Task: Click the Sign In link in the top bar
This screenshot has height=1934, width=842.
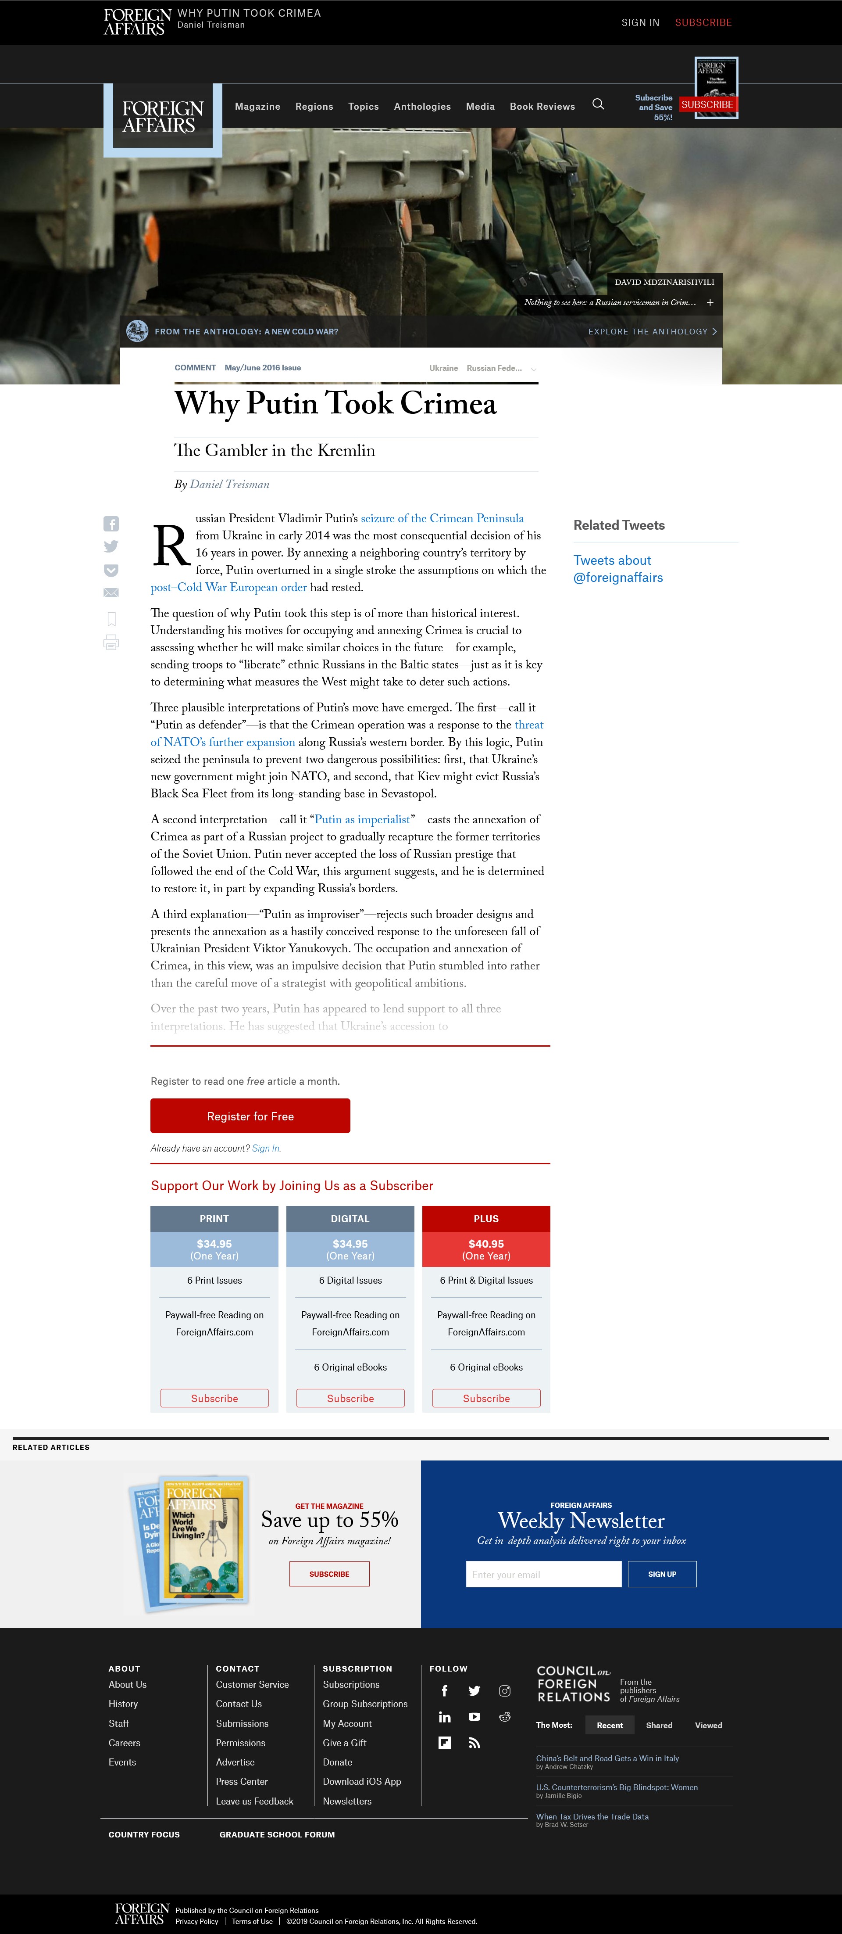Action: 640,22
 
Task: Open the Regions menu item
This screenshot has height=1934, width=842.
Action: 314,107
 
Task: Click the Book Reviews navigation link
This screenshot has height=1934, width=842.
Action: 542,107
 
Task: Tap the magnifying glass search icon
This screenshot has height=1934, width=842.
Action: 598,104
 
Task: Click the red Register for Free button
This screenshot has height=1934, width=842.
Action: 250,1116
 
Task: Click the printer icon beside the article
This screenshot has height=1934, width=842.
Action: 111,642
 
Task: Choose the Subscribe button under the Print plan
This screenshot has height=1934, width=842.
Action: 214,1398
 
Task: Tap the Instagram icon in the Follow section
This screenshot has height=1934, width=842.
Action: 504,1691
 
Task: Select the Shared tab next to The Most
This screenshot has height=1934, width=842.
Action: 659,1725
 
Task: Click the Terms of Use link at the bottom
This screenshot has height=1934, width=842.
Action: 252,1921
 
